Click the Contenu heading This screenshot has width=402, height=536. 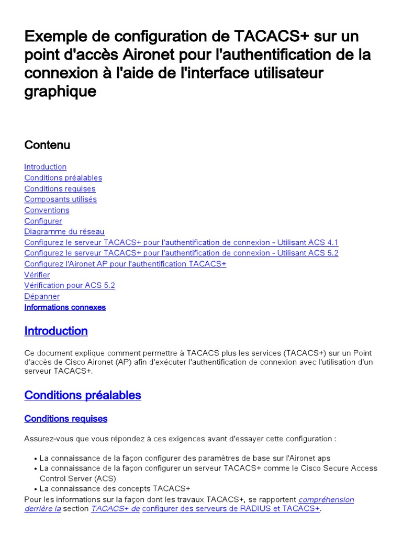point(47,145)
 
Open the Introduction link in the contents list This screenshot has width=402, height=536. point(45,167)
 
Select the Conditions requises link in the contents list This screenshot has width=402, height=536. point(60,188)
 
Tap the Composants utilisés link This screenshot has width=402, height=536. point(60,199)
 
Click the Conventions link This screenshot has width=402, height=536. point(47,210)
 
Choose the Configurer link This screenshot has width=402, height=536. point(43,221)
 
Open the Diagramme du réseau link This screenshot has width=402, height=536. point(64,232)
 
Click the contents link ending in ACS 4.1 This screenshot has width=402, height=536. point(181,242)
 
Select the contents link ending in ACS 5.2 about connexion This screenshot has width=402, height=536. point(181,253)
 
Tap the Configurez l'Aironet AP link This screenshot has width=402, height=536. point(125,264)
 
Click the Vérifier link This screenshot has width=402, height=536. point(37,275)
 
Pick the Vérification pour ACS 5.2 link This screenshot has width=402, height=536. point(69,286)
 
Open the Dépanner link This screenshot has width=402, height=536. point(42,296)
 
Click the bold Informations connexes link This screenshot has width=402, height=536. point(65,307)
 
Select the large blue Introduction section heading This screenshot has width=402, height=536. point(56,331)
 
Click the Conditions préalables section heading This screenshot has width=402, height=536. point(83,395)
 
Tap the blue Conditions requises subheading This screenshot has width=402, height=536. point(65,419)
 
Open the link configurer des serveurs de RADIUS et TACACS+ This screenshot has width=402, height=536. point(230,509)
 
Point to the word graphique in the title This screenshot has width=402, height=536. point(60,92)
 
